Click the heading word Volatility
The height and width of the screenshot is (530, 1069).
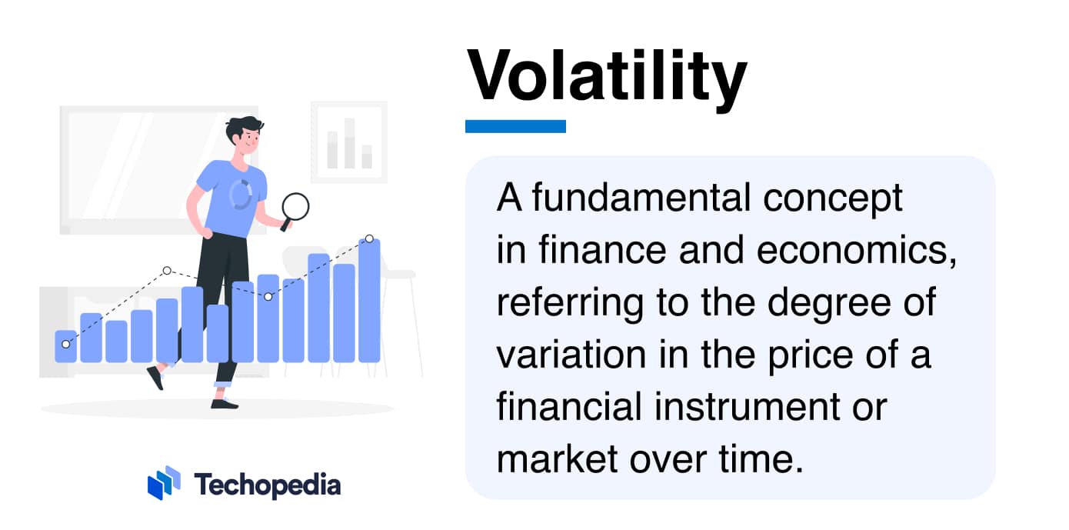coord(607,77)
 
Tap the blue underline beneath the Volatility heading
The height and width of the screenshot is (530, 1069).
coord(515,126)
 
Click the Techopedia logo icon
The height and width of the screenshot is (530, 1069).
coord(164,483)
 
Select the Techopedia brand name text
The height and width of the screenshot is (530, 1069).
coord(267,485)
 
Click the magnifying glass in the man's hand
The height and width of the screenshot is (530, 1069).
coord(295,207)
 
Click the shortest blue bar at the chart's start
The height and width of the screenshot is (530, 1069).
coord(66,347)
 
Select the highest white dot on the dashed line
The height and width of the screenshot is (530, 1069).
coord(369,238)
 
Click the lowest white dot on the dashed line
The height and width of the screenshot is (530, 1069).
coord(65,344)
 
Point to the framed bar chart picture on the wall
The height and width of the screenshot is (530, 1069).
coord(348,142)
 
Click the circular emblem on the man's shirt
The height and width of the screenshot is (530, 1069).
coord(240,194)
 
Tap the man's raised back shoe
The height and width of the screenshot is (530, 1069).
coord(155,377)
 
